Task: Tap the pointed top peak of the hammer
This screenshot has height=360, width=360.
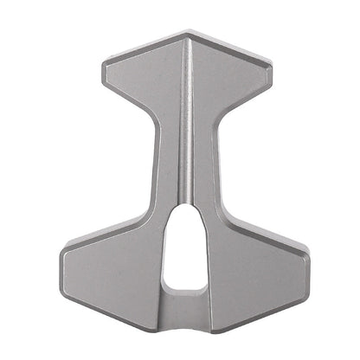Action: (x=187, y=35)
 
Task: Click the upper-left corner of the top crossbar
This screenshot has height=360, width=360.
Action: (x=106, y=63)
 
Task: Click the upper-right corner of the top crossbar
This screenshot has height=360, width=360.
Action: (x=270, y=64)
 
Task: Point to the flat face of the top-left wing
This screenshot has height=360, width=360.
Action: (x=143, y=78)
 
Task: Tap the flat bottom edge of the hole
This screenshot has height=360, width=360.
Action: (x=184, y=289)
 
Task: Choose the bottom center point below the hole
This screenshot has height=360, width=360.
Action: (x=184, y=303)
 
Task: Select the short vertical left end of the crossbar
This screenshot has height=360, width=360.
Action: (x=104, y=75)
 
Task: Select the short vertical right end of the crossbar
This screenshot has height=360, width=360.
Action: (x=271, y=77)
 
